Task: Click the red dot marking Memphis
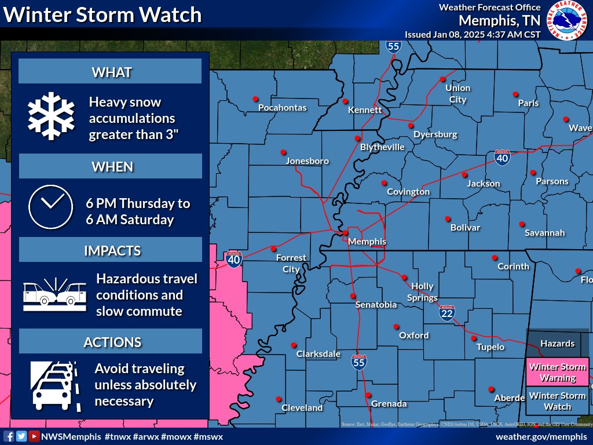[x=345, y=233]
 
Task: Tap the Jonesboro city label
[x=307, y=161]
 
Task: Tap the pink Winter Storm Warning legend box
[x=557, y=373]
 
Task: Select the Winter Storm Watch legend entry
[x=557, y=401]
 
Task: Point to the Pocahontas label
[x=282, y=108]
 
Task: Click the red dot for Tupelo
[x=474, y=338]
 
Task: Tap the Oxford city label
[x=414, y=335]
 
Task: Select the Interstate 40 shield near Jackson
[x=502, y=157]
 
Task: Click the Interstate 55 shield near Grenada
[x=359, y=362]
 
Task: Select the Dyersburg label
[x=435, y=134]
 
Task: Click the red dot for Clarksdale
[x=294, y=345]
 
